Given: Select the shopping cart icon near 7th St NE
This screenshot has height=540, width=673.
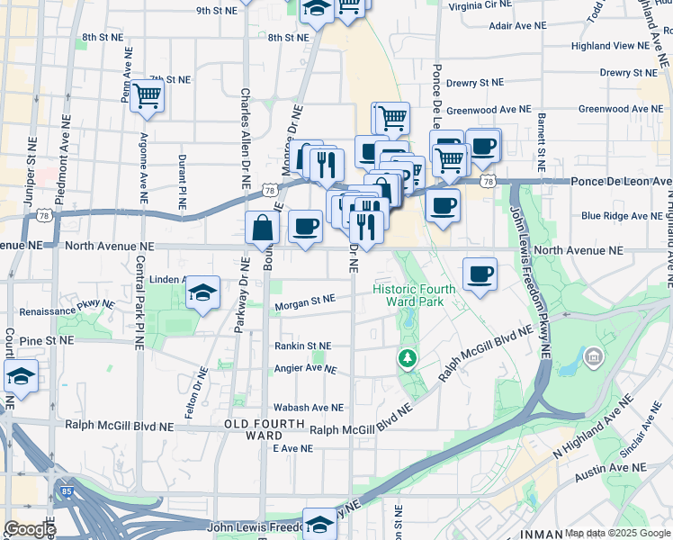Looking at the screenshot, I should tap(148, 95).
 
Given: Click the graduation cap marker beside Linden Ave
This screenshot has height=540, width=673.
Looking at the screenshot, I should tap(203, 292).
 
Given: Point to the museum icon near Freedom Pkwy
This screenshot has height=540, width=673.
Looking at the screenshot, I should tap(593, 358).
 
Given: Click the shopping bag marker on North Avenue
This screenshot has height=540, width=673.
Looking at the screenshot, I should tap(262, 229).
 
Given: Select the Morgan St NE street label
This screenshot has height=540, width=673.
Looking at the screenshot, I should tap(305, 301).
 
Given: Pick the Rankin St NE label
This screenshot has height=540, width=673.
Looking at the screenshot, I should tap(303, 346).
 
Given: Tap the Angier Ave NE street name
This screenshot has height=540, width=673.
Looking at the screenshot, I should tap(306, 369).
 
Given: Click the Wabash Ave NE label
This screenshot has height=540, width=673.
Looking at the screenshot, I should tap(309, 408).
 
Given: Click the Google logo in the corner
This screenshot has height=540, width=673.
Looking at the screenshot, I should tap(29, 529).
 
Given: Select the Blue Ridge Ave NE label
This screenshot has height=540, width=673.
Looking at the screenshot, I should tap(621, 216).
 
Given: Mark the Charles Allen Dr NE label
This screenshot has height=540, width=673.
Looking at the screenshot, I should tap(244, 135).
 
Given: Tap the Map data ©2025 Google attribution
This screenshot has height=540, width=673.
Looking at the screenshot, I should tap(617, 534).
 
